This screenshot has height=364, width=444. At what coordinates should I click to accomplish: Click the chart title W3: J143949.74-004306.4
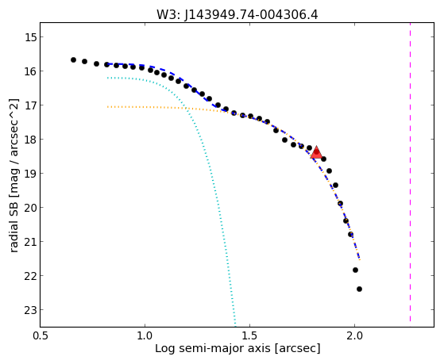(237, 14)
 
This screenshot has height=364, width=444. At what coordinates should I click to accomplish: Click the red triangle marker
(316, 152)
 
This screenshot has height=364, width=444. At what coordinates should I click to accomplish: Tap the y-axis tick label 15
(30, 37)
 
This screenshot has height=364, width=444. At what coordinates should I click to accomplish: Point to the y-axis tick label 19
(30, 174)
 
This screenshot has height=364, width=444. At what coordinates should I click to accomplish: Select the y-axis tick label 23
(30, 310)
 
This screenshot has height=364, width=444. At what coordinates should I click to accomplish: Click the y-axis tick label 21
(30, 242)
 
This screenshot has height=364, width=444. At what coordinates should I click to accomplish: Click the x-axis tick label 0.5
(41, 335)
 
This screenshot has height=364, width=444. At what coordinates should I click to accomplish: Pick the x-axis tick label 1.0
(145, 335)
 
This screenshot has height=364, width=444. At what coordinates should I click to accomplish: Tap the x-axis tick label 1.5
(249, 335)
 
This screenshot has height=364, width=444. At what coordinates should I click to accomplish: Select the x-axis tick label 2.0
(354, 335)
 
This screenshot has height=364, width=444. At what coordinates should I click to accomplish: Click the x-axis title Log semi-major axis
(213, 349)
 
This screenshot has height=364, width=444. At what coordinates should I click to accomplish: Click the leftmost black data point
(73, 59)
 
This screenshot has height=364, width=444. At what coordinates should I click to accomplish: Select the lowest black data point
(359, 289)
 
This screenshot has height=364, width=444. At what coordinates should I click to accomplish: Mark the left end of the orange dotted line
(107, 107)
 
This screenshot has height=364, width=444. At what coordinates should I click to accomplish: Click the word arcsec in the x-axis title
(299, 349)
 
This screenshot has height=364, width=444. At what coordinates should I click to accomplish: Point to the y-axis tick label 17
(30, 105)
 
